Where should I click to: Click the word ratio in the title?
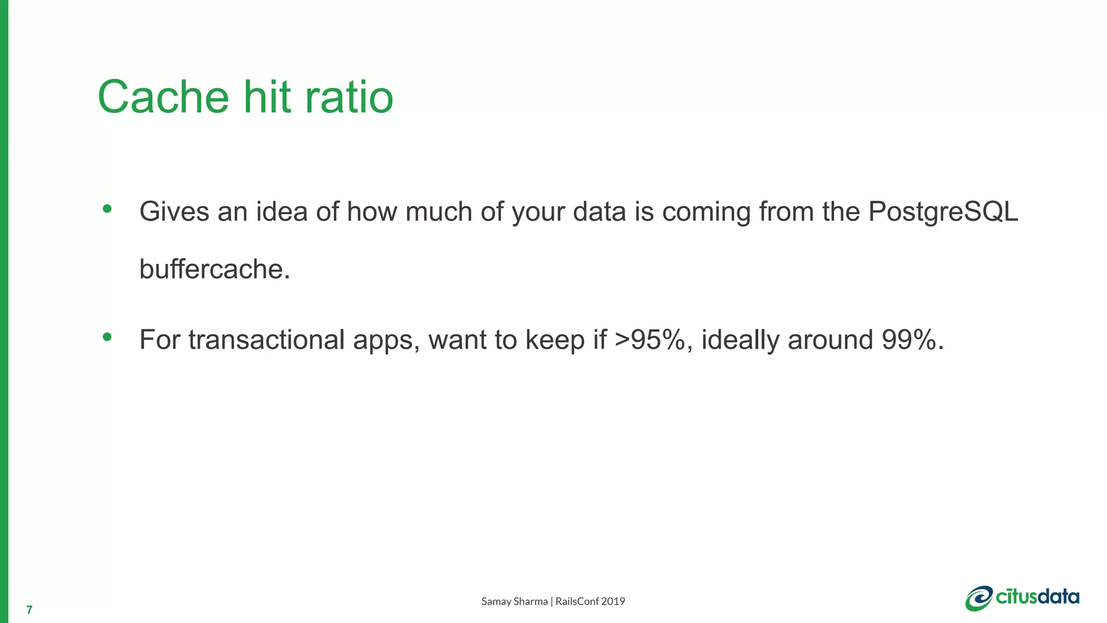[349, 97]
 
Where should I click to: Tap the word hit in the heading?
[268, 97]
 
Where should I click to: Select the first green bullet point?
[107, 209]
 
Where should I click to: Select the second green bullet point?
[107, 337]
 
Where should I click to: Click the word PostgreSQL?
[943, 212]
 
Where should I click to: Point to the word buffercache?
[215, 269]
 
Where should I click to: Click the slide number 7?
[29, 611]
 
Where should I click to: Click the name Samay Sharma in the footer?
[514, 601]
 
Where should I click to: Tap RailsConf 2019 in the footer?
[590, 601]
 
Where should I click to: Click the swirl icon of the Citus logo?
[979, 599]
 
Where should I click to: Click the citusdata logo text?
[1037, 597]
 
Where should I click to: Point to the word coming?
[706, 212]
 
